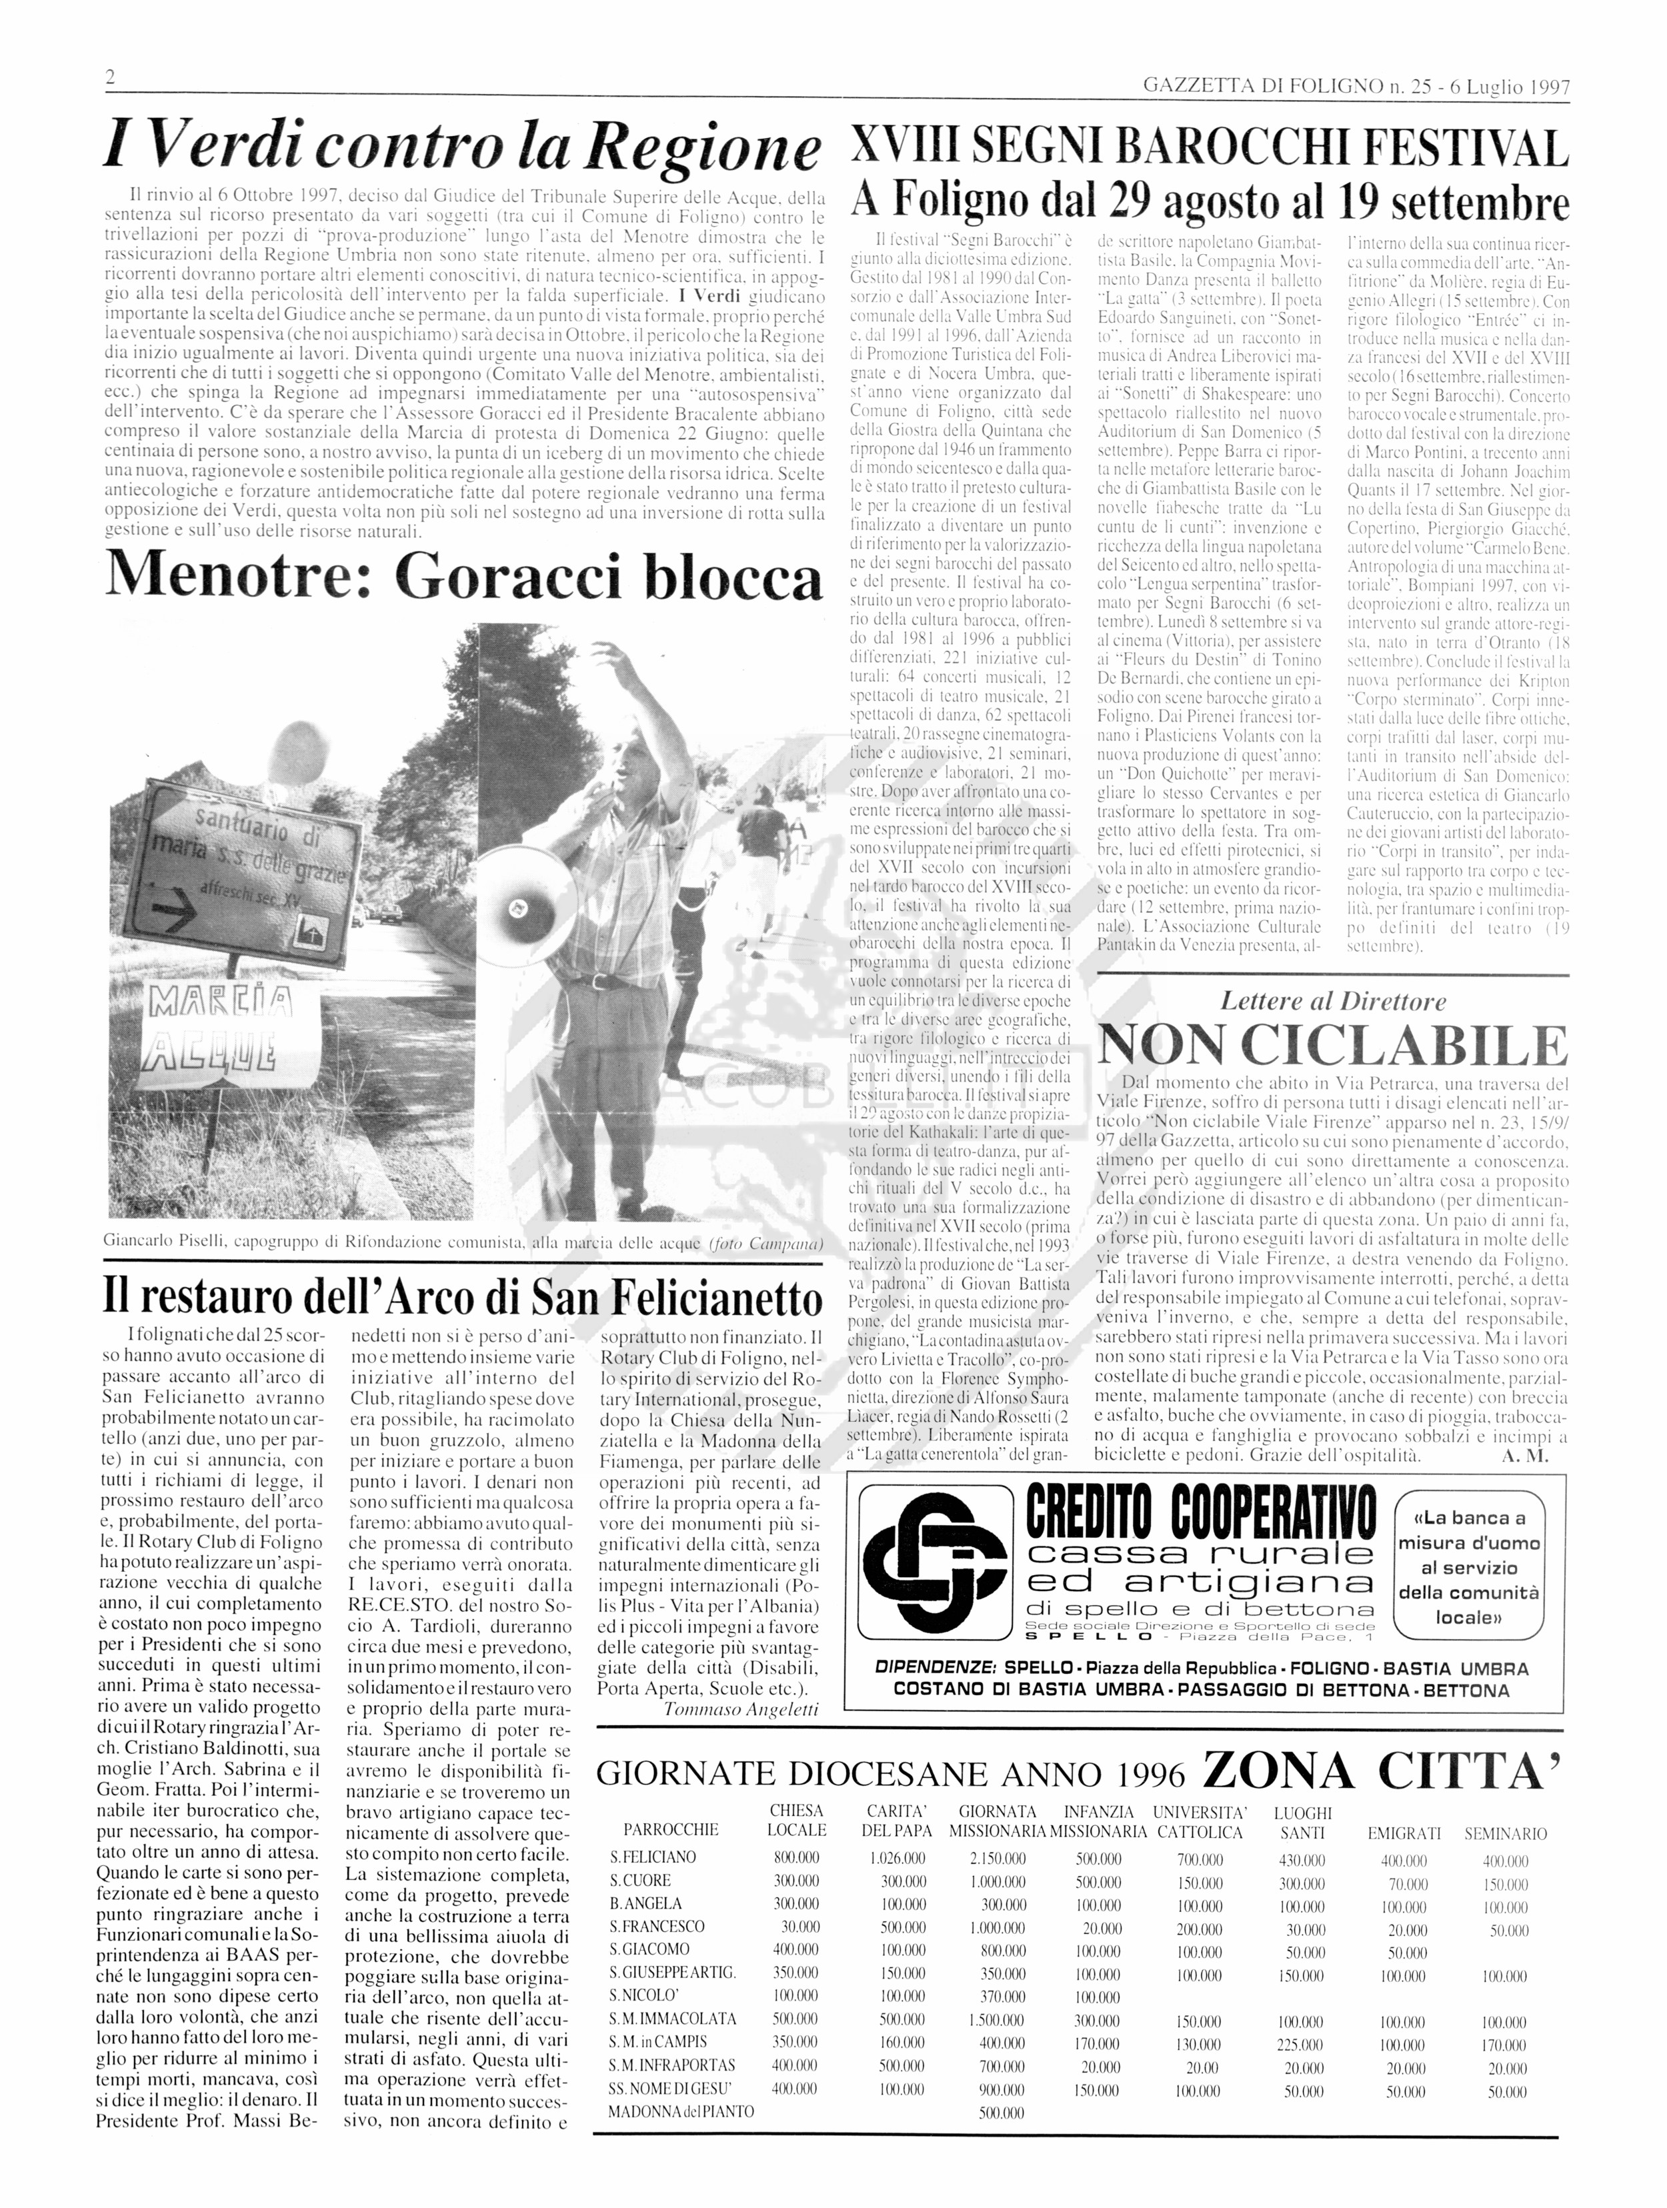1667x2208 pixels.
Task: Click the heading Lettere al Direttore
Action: (x=1333, y=1001)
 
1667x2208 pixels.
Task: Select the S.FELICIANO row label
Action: (x=653, y=1859)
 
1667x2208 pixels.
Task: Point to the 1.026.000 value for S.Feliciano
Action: (x=896, y=1859)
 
